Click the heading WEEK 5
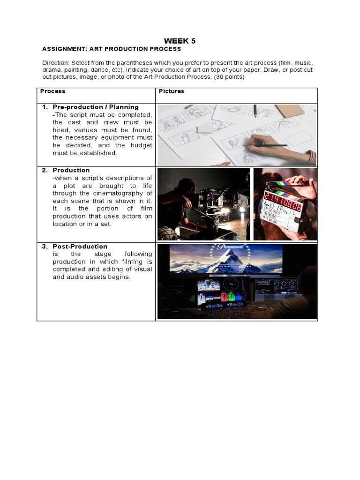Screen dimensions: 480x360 pyautogui.click(x=180, y=41)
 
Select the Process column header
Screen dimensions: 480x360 pyautogui.click(x=52, y=91)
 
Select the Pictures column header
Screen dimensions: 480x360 pyautogui.click(x=171, y=91)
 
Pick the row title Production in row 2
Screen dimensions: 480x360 pyautogui.click(x=71, y=170)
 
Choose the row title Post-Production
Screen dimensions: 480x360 pyautogui.click(x=80, y=247)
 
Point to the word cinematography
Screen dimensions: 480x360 pyautogui.click(x=123, y=193)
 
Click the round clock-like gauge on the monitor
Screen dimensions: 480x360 pyautogui.click(x=231, y=284)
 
